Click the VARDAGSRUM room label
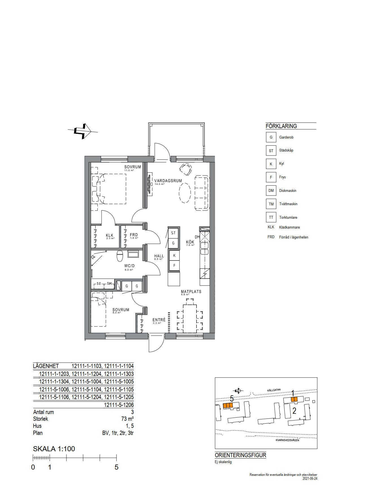[168, 181]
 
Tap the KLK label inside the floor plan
[110, 235]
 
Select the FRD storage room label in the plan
[134, 235]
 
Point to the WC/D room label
[129, 266]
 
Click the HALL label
[159, 256]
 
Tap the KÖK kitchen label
[190, 242]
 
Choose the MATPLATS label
[191, 292]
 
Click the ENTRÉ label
[159, 320]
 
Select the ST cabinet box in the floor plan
[173, 233]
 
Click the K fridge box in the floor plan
[174, 256]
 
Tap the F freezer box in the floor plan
[174, 266]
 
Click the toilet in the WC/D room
[120, 256]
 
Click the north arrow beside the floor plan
[83, 131]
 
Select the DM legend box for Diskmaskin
[271, 190]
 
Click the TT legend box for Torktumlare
[271, 217]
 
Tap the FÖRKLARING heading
[281, 126]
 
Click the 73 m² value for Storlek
[127, 419]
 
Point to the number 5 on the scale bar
[116, 467]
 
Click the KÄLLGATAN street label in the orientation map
[274, 390]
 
